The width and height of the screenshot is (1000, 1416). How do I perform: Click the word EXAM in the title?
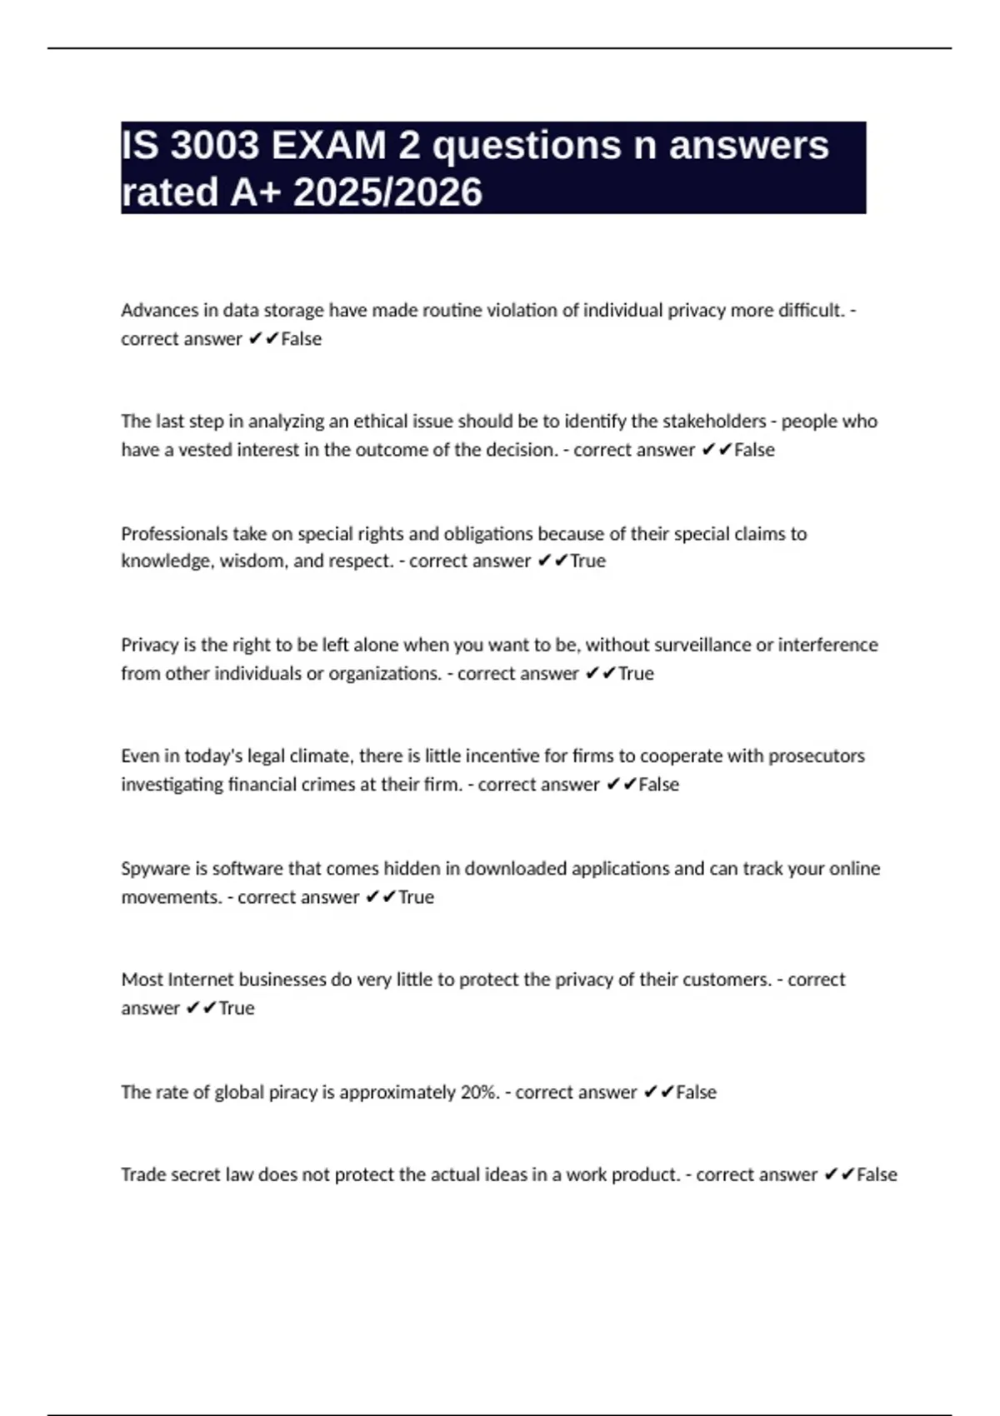point(328,146)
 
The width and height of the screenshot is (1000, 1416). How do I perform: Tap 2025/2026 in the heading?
point(387,192)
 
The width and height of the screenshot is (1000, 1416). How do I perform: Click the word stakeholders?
point(713,421)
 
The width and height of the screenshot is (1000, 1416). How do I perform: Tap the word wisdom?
point(252,561)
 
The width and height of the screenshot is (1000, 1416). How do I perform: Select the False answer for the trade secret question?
point(877,1174)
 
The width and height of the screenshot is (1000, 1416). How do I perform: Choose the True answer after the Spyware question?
point(416,897)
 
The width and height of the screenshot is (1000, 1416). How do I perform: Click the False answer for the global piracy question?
point(696,1092)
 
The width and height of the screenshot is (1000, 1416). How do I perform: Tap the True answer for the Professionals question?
point(587,561)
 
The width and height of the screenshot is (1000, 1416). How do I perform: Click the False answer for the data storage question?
point(301,339)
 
